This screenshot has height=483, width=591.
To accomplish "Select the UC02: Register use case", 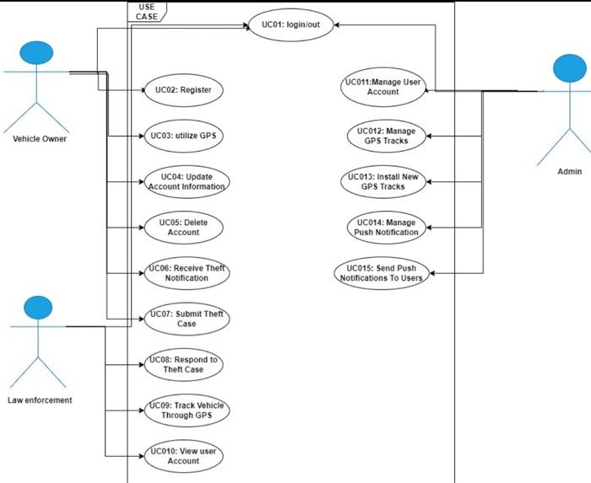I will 183,89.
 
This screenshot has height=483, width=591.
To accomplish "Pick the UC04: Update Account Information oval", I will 187,181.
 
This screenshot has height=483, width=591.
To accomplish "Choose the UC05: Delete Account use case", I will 183,227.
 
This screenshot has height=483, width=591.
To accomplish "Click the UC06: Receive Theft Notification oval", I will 187,272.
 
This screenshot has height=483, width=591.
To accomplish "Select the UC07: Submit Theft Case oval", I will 187,319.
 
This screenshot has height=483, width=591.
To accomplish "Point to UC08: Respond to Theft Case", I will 184,364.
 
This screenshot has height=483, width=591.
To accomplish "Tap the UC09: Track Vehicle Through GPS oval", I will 187,411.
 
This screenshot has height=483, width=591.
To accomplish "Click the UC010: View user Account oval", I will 183,456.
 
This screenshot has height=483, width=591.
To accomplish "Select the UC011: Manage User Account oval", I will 382,87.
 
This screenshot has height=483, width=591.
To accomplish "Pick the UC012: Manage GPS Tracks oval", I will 384,136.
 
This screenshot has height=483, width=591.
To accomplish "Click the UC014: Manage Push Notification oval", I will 383,227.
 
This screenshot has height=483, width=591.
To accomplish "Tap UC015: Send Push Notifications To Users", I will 381,273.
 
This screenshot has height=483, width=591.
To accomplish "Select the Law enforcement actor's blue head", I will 38,308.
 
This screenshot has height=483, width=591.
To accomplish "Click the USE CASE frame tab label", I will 147,11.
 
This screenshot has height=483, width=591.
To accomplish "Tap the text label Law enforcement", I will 40,400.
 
